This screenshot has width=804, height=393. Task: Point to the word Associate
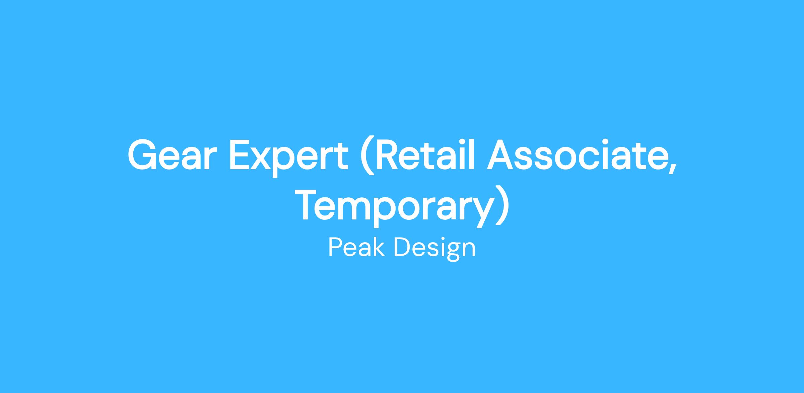click(577, 155)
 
